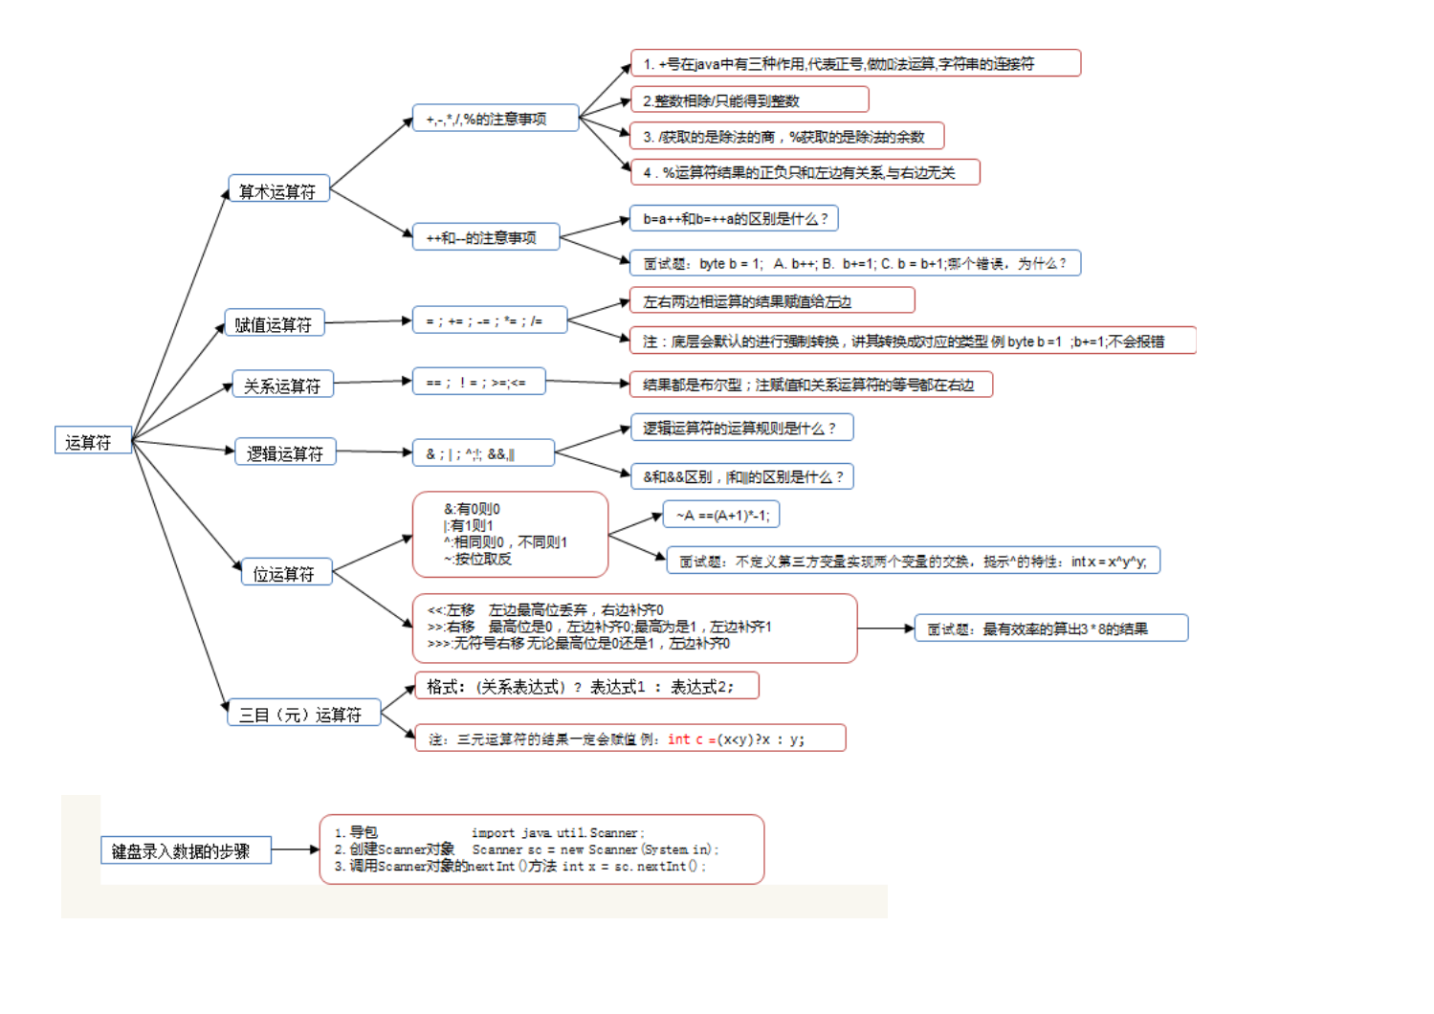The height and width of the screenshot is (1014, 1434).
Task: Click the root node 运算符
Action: (92, 441)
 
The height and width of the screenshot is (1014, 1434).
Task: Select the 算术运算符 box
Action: (278, 189)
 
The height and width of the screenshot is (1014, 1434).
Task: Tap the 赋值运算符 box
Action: (275, 323)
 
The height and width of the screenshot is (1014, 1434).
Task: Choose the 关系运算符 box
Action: (282, 385)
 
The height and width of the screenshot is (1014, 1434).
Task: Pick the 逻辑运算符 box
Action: (285, 452)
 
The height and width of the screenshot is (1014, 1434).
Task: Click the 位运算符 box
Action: (285, 572)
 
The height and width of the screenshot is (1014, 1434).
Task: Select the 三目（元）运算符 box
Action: (303, 713)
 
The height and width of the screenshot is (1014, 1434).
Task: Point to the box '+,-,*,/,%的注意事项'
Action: (495, 118)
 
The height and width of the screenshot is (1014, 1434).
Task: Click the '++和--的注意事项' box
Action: (486, 236)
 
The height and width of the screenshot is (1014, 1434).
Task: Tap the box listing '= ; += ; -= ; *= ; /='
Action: (489, 320)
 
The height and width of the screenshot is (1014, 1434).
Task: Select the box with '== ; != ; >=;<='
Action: (478, 382)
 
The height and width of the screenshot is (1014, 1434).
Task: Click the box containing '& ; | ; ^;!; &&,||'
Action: (482, 453)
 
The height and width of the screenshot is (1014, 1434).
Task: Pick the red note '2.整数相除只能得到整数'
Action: (750, 100)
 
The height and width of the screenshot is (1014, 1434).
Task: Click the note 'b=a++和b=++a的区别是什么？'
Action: (734, 219)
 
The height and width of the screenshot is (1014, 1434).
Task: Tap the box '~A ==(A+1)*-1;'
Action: (721, 516)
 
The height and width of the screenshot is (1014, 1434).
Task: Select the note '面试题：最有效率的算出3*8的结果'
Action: (1050, 628)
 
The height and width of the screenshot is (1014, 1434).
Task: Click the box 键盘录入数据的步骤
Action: (186, 850)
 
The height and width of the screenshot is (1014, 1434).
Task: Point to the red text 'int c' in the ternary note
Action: (685, 738)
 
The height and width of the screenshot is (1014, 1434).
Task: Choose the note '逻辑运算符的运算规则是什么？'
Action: (741, 428)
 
